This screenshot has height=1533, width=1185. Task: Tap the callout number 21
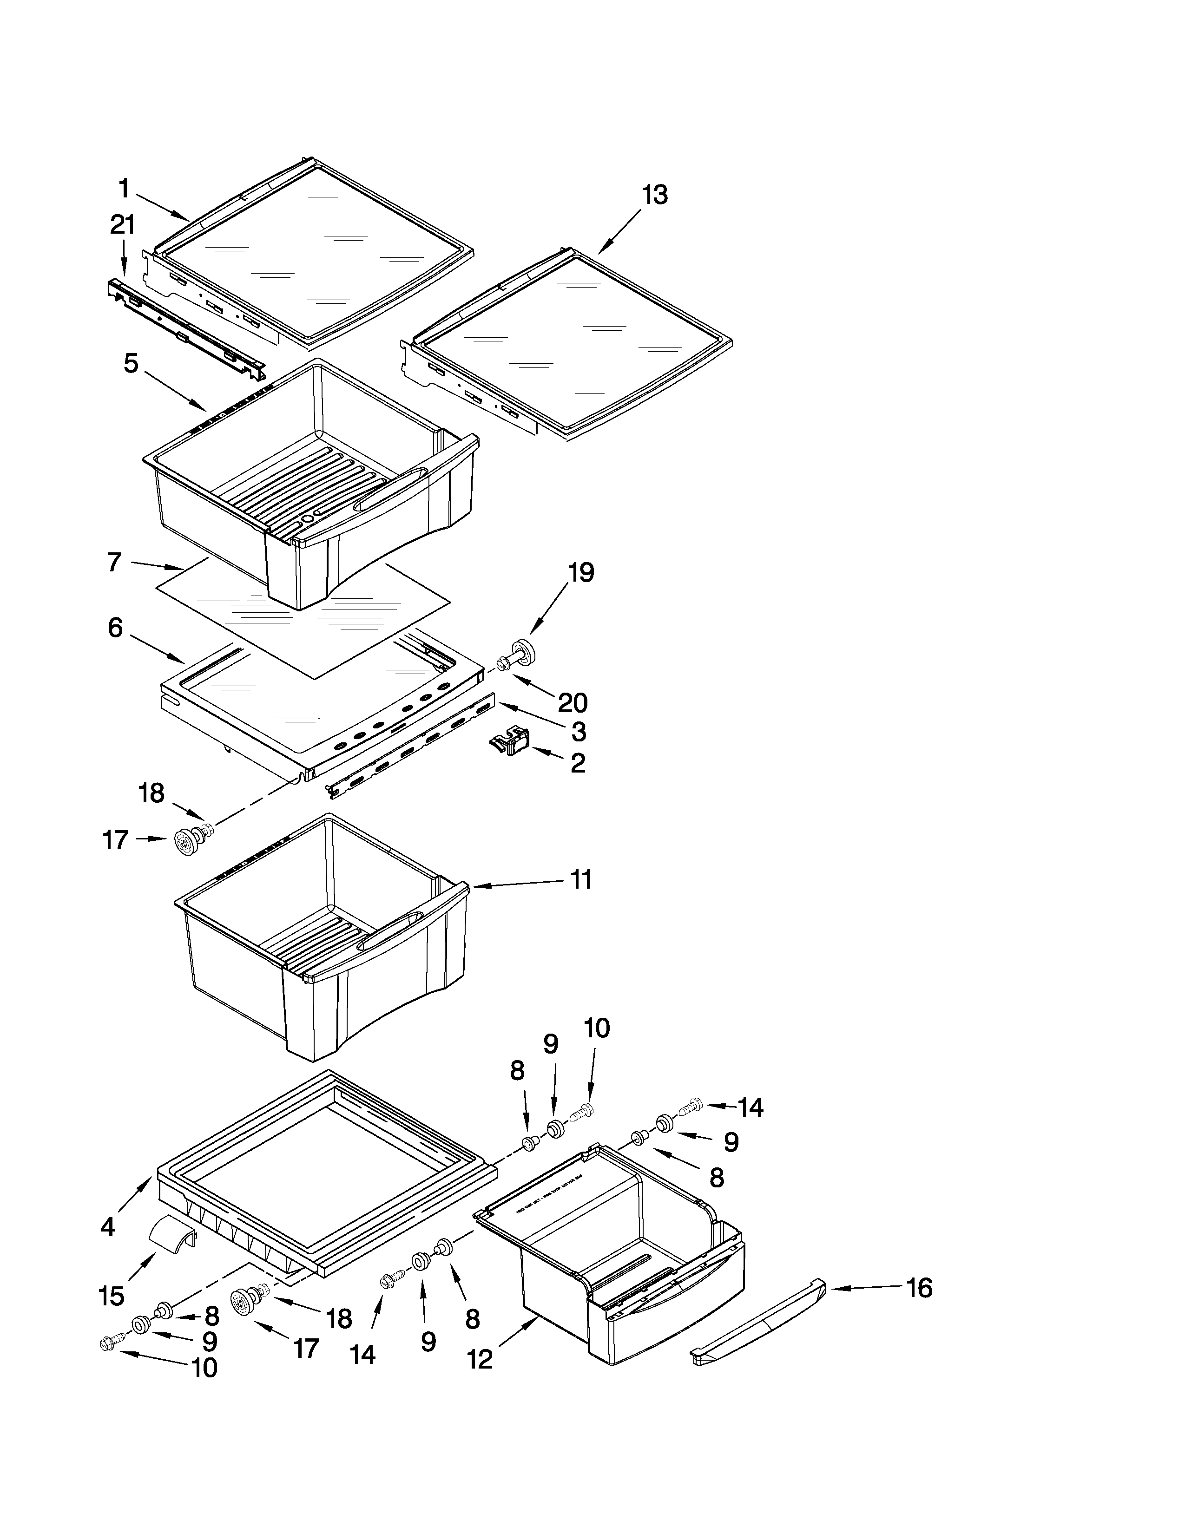[x=122, y=225]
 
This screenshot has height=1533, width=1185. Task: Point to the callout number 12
[x=480, y=1360]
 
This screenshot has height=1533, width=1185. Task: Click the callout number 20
[x=572, y=702]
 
